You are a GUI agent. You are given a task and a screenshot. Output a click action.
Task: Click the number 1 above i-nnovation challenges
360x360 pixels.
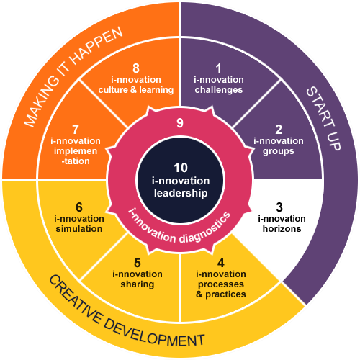(218, 68)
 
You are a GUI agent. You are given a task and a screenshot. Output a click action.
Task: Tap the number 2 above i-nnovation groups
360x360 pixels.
(279, 130)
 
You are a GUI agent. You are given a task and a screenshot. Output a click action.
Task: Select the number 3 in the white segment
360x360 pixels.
(279, 207)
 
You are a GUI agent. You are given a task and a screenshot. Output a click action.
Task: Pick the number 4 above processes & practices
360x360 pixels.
(221, 263)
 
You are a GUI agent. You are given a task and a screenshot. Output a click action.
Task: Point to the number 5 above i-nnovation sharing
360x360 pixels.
(138, 263)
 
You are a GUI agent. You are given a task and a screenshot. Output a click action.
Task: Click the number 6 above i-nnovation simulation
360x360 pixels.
(79, 207)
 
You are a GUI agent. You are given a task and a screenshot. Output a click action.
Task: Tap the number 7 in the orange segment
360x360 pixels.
(76, 130)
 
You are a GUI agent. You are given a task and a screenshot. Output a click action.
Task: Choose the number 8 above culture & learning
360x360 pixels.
(136, 68)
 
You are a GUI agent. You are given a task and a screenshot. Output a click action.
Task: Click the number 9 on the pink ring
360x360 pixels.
(180, 123)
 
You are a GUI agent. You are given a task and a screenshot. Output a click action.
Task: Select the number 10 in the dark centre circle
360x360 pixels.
(181, 168)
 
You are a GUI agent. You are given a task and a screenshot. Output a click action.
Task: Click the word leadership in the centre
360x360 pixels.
(181, 193)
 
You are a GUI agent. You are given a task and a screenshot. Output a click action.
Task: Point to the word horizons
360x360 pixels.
(282, 229)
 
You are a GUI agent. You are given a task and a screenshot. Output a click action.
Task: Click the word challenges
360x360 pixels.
(219, 90)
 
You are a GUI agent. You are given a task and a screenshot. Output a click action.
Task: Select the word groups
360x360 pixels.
(279, 151)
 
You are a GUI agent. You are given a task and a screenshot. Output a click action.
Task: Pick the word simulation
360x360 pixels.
(79, 229)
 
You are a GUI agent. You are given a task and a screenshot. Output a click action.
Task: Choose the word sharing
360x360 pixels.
(138, 284)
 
